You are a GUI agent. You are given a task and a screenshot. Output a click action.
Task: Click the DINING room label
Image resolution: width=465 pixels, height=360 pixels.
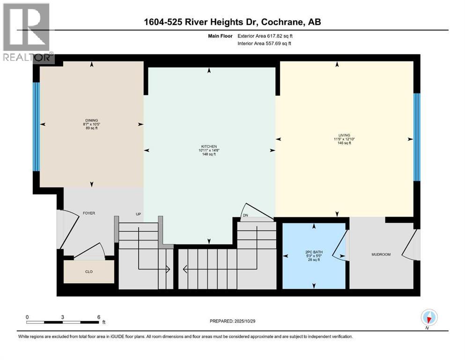point(91,120)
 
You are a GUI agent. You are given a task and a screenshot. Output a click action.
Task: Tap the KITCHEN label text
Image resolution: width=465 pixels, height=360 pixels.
point(209,146)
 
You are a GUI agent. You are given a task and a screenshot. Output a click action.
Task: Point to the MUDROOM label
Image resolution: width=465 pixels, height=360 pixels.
point(381,255)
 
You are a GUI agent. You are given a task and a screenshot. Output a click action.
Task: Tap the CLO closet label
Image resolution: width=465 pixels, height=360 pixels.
point(89,271)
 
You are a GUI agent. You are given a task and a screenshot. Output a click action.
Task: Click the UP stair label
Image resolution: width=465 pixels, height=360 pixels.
point(139,214)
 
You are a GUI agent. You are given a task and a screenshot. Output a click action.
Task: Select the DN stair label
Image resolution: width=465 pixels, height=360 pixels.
point(245,216)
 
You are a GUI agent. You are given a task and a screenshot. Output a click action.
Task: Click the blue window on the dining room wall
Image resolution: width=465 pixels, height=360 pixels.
point(35,127)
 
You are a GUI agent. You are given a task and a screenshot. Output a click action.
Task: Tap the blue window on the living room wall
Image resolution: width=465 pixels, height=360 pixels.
point(417,137)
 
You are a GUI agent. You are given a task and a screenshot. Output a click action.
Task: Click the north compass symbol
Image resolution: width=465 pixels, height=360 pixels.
point(429,318)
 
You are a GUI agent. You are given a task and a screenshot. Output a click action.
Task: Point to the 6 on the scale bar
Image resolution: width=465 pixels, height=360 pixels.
point(98,317)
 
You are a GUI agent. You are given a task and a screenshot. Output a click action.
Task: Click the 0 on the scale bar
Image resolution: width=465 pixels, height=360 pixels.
point(27,317)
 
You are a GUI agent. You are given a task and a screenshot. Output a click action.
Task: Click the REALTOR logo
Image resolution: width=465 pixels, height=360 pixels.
point(27,33)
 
